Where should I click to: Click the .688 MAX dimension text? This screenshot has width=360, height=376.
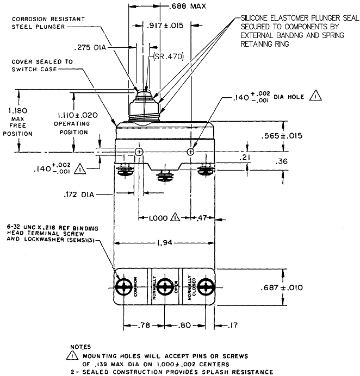[x=188, y=6]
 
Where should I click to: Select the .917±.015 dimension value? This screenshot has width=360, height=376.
[x=165, y=26]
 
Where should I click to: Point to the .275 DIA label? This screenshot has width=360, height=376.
[x=90, y=47]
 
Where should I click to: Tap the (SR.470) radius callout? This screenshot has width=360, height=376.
[x=169, y=57]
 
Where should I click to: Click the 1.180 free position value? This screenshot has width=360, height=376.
[x=18, y=110]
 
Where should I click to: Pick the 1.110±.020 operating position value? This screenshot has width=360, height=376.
[x=78, y=115]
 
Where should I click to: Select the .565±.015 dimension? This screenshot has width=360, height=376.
[x=282, y=136]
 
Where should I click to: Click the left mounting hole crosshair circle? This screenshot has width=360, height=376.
[x=139, y=152]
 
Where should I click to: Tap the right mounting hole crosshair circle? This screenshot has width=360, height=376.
[x=190, y=152]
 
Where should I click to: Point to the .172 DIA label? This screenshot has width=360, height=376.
[x=79, y=195]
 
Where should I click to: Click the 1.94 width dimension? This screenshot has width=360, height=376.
[x=165, y=243]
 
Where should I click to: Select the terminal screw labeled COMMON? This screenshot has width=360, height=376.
[x=124, y=287]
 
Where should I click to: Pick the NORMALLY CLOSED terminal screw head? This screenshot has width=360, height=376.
[x=206, y=287]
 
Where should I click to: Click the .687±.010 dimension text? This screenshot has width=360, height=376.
[x=282, y=287]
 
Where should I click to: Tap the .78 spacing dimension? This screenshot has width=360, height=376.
[x=144, y=325]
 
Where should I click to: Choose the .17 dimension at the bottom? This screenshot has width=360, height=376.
[x=232, y=325]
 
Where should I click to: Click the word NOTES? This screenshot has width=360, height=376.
[x=80, y=347]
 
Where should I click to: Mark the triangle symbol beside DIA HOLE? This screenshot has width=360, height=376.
[x=315, y=97]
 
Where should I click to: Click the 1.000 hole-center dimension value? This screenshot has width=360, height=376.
[x=158, y=218]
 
